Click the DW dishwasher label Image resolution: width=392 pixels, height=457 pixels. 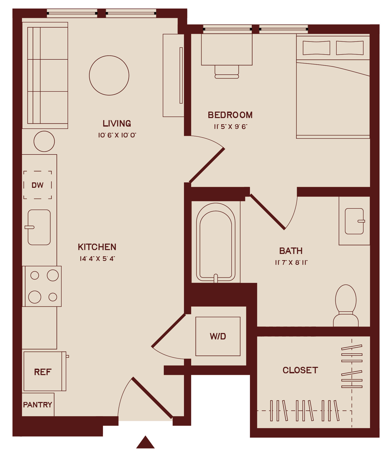tap(38, 185)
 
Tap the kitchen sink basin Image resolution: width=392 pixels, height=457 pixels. tap(39, 227)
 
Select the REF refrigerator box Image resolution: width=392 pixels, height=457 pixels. tap(43, 372)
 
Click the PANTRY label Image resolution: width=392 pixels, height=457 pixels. tap(38, 405)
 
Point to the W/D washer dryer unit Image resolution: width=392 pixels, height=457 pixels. tap(218, 336)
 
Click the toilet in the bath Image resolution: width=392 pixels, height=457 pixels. tap(346, 306)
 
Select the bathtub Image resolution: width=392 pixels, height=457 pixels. tap(216, 243)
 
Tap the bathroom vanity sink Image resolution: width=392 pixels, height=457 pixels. tap(354, 221)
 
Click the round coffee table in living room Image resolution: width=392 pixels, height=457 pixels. tap(109, 75)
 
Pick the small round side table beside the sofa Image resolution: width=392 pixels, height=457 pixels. tap(44, 141)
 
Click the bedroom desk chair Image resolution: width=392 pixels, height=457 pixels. tap(227, 72)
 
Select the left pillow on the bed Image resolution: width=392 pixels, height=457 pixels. tap(316, 48)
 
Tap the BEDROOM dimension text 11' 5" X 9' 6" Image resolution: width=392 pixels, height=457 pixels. tap(231, 127)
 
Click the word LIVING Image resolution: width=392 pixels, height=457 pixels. tap(117, 123)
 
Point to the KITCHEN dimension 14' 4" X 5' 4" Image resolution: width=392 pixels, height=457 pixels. tap(97, 259)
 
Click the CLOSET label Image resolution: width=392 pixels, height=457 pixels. tap(300, 370)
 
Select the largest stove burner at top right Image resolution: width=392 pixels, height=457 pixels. tap(53, 275)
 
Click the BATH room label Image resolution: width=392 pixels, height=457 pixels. tap(291, 251)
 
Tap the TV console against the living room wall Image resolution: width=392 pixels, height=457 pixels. tap(173, 75)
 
